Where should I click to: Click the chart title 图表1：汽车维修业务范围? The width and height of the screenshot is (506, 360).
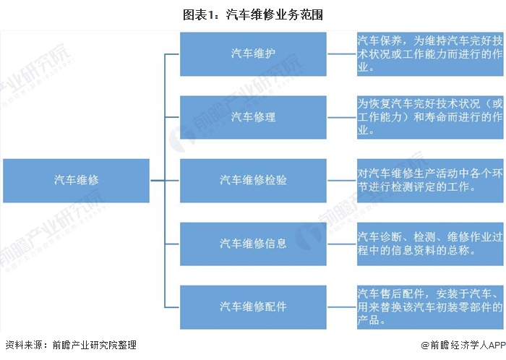[x=253, y=15]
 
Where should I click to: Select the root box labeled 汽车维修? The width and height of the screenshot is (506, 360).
[x=76, y=181]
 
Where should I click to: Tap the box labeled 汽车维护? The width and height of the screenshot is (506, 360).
[x=253, y=54]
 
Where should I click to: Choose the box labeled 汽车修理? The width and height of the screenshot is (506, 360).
[x=253, y=117]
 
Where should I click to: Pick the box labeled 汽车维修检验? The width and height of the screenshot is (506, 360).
[x=253, y=181]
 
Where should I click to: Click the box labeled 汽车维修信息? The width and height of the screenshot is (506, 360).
[x=253, y=244]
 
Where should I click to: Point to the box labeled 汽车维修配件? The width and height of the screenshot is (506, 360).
[x=253, y=307]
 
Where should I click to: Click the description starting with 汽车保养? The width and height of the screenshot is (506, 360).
[x=430, y=54]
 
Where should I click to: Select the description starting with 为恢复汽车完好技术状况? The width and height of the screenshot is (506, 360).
[x=430, y=117]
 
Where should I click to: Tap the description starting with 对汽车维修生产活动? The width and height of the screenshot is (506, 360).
[x=430, y=181]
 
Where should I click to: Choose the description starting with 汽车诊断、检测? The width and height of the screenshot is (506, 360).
[x=430, y=244]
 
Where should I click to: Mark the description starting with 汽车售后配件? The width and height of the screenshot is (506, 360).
[x=430, y=307]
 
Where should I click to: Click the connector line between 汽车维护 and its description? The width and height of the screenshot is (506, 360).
[x=342, y=54]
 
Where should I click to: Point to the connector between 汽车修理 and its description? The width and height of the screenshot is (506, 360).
[x=342, y=117]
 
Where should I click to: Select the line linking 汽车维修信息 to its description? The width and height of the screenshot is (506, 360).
[x=342, y=244]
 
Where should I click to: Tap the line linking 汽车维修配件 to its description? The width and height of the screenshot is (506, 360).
[x=342, y=307]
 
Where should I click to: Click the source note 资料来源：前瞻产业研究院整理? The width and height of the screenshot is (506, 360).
[x=71, y=345]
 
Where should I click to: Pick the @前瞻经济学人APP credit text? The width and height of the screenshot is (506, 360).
[x=463, y=345]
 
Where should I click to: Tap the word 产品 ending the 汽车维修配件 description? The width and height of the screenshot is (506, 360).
[x=368, y=320]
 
